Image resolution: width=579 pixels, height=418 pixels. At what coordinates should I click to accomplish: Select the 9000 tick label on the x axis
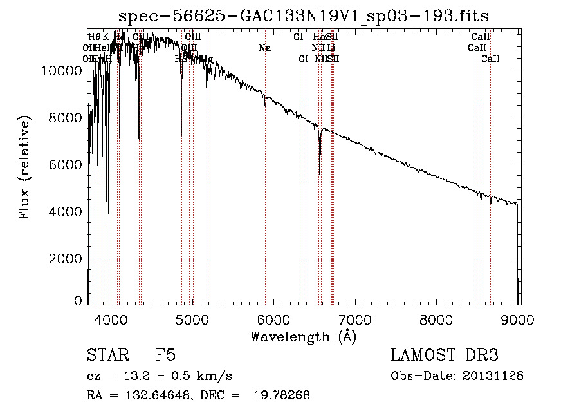coord(519,319)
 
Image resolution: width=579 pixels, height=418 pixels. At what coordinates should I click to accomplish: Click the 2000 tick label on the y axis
coord(68,258)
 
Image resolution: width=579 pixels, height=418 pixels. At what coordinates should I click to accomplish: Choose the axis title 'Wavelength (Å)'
coord(304,336)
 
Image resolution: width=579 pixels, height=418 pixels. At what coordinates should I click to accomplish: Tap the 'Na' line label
coord(265,48)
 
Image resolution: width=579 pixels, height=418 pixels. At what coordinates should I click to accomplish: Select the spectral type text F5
coord(165,356)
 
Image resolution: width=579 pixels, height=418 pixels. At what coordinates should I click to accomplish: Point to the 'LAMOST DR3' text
coord(445,356)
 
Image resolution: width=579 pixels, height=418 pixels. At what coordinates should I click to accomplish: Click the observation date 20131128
coord(495,376)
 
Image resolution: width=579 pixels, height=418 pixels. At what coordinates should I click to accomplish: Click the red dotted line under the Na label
coord(265,193)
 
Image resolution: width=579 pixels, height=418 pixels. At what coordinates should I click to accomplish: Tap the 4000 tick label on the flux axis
coord(68,211)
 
